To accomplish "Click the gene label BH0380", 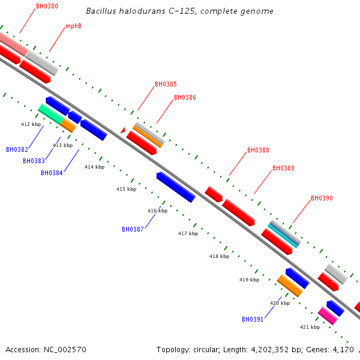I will [x=47, y=6].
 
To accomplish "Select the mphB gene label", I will [x=73, y=26].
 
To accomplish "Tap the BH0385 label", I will [x=166, y=85].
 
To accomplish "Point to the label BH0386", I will [x=185, y=97].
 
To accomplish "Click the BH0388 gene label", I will [x=258, y=151].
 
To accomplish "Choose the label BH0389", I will [x=283, y=169].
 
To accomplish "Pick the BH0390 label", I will [x=322, y=198].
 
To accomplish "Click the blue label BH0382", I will [x=17, y=149].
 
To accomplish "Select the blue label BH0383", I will [x=34, y=161].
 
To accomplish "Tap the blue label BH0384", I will [x=52, y=173].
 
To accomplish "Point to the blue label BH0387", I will [x=133, y=229].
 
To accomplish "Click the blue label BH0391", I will [x=253, y=319].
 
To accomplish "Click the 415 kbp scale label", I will [x=126, y=189].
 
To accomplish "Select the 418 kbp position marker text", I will [x=219, y=256].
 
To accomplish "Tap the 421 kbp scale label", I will [x=310, y=327].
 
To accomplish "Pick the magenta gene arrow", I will [x=328, y=316].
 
